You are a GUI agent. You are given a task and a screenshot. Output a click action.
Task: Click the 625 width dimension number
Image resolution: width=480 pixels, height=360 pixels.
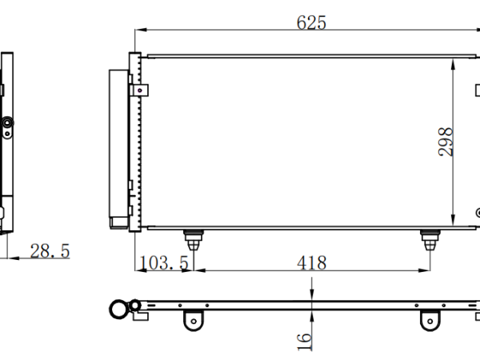[311, 22]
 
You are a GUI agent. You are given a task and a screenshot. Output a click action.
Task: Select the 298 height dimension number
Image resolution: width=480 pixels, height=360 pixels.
[446, 142]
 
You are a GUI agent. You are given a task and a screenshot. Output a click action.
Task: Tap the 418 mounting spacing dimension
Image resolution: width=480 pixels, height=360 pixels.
[312, 263]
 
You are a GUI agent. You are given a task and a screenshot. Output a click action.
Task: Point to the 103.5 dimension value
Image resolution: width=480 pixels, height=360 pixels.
[164, 263]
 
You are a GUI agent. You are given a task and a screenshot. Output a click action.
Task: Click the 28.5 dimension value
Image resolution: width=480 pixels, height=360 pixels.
[50, 251]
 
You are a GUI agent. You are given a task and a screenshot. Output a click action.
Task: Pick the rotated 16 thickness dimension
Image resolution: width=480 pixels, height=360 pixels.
[305, 342]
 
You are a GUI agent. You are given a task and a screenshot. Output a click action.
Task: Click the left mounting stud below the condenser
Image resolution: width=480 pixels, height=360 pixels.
[194, 240]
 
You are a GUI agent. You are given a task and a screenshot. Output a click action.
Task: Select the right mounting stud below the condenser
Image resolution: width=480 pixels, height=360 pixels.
[430, 240]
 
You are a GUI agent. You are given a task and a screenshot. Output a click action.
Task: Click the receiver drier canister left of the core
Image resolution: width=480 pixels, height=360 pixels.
[118, 149]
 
